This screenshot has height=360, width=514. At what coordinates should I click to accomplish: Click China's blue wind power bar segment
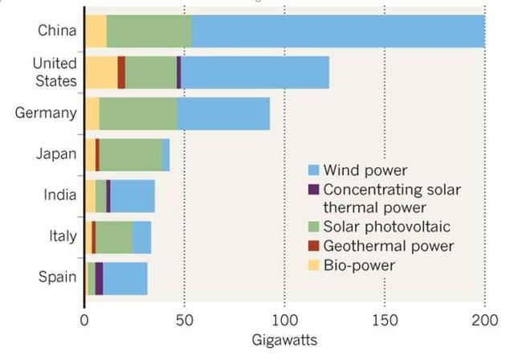click(337, 31)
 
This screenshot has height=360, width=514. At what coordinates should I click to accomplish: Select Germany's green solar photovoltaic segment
click(137, 113)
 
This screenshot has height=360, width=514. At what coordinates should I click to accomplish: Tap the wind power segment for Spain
click(124, 278)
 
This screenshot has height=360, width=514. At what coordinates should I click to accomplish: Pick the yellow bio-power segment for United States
click(101, 72)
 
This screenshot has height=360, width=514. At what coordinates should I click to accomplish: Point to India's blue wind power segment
click(132, 195)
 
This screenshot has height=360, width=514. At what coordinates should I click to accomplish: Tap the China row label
click(57, 31)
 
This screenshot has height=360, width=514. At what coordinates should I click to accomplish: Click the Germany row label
click(46, 112)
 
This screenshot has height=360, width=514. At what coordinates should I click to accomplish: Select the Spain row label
click(57, 277)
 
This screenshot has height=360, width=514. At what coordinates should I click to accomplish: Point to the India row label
click(60, 194)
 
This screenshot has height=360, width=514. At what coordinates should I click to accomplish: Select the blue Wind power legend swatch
click(314, 170)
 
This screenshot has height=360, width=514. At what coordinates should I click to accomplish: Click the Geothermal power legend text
click(388, 246)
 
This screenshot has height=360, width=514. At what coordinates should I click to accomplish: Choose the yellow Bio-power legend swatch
click(314, 264)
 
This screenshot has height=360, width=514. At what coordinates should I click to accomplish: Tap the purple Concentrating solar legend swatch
click(314, 190)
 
